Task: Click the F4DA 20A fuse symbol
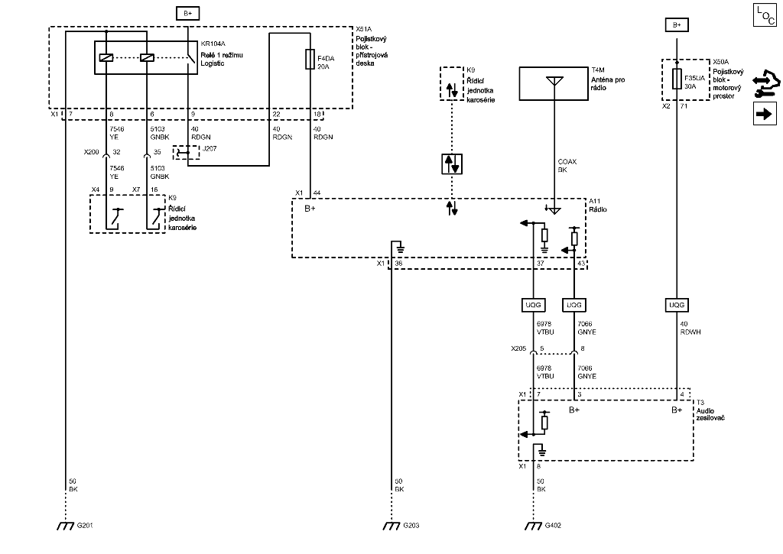coord(309,60)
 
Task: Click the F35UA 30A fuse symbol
coord(676,79)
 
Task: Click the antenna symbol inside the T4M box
coord(554,82)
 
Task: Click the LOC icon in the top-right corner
coord(764,15)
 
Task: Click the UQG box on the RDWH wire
coord(676,305)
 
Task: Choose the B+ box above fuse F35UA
coord(676,25)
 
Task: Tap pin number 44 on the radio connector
coord(317,193)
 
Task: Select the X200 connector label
coord(92,152)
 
